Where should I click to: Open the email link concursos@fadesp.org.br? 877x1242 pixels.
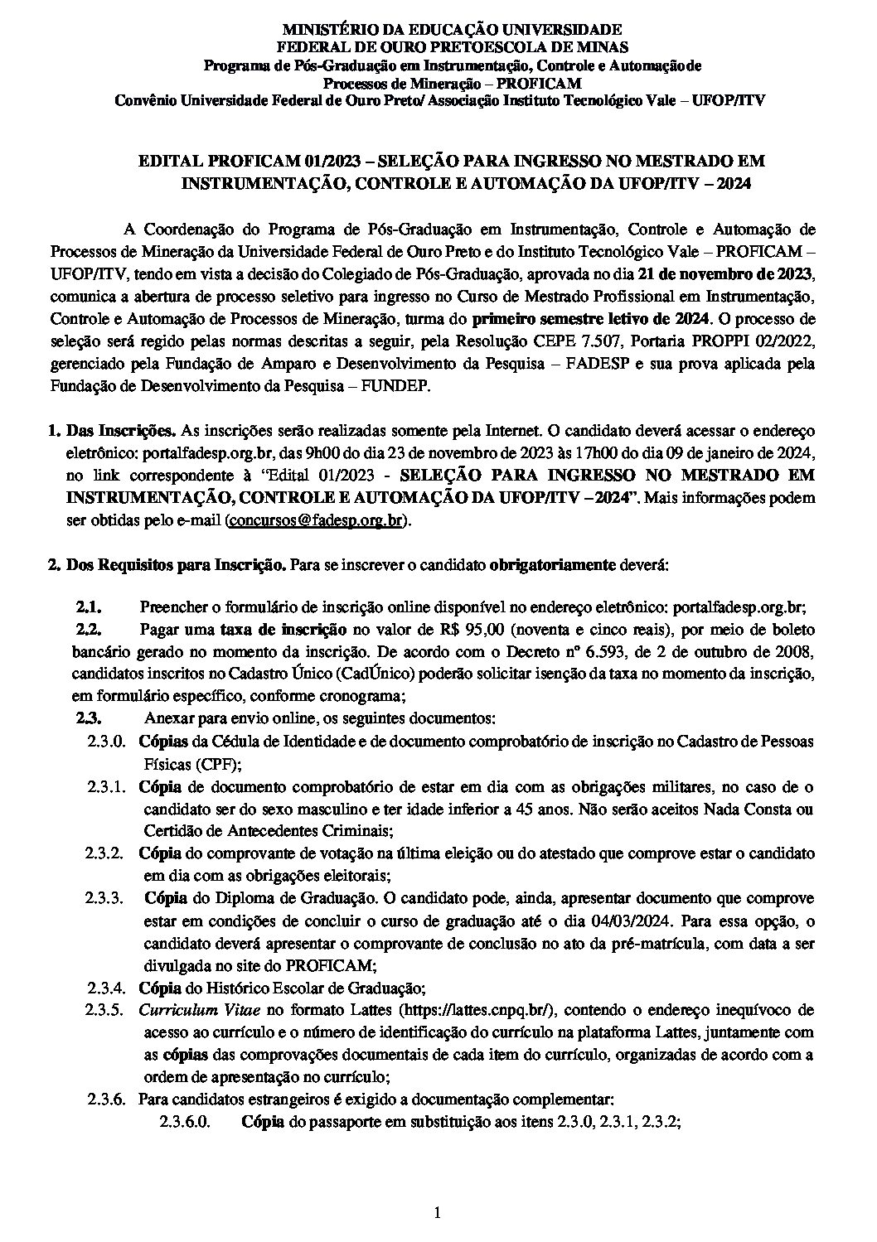[x=317, y=520]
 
